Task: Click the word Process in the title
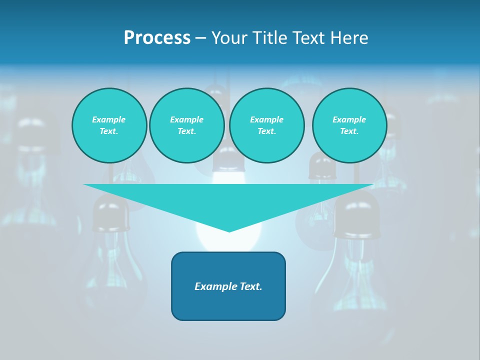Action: click(x=157, y=38)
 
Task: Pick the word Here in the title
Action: click(x=351, y=38)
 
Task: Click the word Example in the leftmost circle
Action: click(x=109, y=119)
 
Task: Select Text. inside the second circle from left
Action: click(x=186, y=131)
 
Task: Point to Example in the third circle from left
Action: click(x=266, y=119)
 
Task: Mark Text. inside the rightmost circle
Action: click(x=349, y=131)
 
